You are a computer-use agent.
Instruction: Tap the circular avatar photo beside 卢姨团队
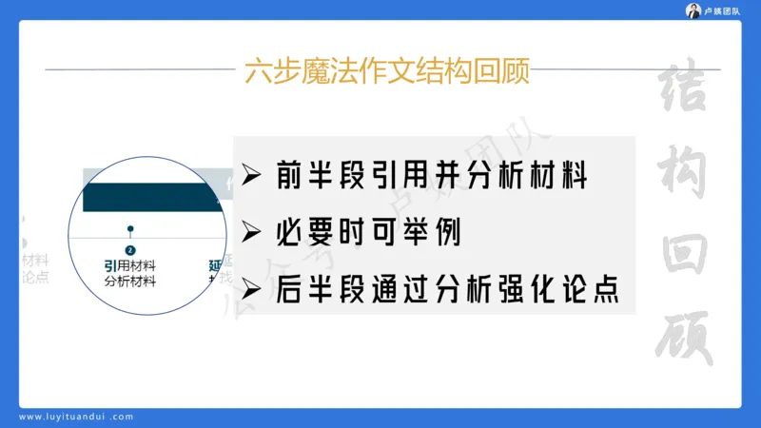[693, 10]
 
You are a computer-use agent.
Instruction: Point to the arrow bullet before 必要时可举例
[252, 232]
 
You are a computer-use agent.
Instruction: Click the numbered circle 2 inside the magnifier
[130, 249]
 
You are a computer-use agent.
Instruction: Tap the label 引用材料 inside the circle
[130, 264]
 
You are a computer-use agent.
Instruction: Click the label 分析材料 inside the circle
[130, 281]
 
